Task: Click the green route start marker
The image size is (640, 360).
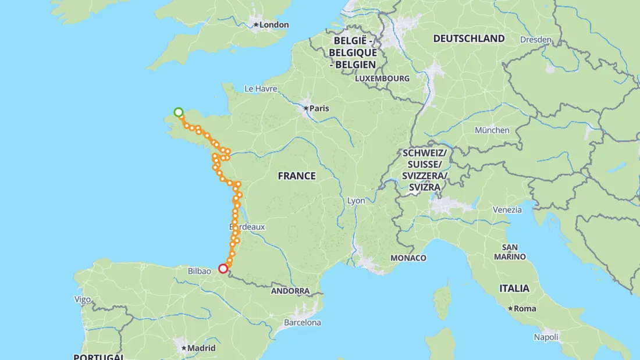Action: pyautogui.click(x=179, y=112)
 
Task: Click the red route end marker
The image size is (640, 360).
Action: pyautogui.click(x=223, y=269)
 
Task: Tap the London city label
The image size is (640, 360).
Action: pyautogui.click(x=273, y=24)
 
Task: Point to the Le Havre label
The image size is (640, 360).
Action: pyautogui.click(x=261, y=89)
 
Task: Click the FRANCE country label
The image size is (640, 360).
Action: pyautogui.click(x=297, y=176)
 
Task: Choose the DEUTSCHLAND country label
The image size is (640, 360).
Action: pyautogui.click(x=469, y=39)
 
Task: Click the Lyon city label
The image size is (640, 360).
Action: pyautogui.click(x=356, y=201)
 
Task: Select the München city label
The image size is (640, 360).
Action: pyautogui.click(x=492, y=130)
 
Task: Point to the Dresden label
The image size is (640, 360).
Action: pyautogui.click(x=536, y=40)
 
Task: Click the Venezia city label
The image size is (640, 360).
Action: pyautogui.click(x=507, y=209)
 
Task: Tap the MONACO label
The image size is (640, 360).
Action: pyautogui.click(x=408, y=258)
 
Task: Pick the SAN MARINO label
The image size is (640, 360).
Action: pyautogui.click(x=510, y=252)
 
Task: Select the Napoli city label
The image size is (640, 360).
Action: pyautogui.click(x=546, y=337)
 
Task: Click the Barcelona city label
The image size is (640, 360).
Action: pyautogui.click(x=302, y=322)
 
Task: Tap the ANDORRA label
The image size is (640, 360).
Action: pyautogui.click(x=290, y=291)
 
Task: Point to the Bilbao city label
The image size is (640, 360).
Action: pyautogui.click(x=200, y=271)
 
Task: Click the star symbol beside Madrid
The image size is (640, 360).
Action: pyautogui.click(x=184, y=348)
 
